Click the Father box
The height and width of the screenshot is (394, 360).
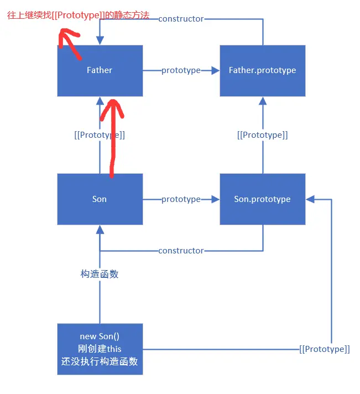coord(100,70)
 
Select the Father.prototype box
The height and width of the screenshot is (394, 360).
coord(262,70)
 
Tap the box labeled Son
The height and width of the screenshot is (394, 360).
coord(100,199)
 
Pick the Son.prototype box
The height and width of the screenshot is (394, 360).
coord(262,199)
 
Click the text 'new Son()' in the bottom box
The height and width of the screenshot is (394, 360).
coord(100,336)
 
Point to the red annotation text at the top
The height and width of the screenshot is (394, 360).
coord(77,15)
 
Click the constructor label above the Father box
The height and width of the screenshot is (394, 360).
coord(181,19)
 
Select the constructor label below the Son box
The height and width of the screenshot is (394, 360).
coord(181,251)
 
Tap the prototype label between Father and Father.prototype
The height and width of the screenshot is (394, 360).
coord(181,70)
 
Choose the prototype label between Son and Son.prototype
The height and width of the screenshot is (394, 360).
coord(181,199)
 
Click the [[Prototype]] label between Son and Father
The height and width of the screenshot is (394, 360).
coord(100,135)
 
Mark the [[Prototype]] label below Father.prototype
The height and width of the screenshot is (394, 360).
coord(262,135)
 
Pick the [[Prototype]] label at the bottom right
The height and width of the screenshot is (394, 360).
coord(325,349)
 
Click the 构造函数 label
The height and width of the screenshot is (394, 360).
coord(100,274)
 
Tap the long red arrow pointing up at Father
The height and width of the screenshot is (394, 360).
coord(113,138)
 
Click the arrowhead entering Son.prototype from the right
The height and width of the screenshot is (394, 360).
coord(310,199)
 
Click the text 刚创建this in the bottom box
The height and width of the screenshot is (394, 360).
coord(100,349)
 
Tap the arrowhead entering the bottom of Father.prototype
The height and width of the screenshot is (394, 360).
coord(263,101)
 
